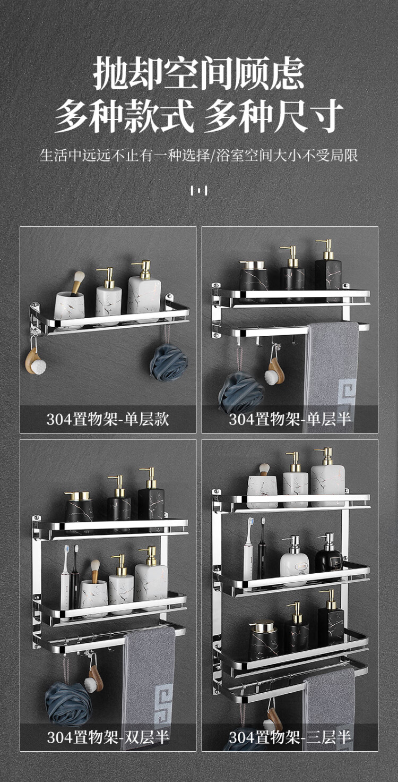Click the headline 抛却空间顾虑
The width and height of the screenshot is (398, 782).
tap(199, 73)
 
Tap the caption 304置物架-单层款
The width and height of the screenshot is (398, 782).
tap(108, 419)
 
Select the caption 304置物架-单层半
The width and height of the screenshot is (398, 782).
tap(290, 419)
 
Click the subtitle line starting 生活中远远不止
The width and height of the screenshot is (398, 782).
tap(199, 155)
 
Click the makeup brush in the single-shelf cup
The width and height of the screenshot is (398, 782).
tap(77, 283)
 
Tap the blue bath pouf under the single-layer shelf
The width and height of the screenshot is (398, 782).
tap(169, 362)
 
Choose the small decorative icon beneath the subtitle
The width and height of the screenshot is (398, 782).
tap(199, 191)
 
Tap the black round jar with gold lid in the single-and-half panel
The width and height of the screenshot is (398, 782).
tap(254, 281)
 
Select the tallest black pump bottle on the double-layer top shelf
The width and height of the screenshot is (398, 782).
tap(151, 499)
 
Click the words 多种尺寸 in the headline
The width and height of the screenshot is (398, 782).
tap(273, 116)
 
